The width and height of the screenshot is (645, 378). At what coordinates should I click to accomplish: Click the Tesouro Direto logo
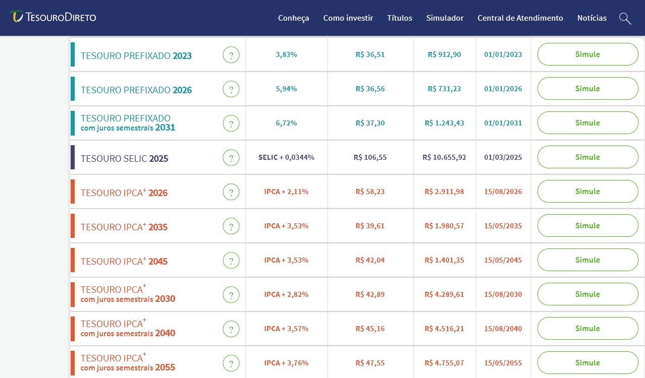point(53,17)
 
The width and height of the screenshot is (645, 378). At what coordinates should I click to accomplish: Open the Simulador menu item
point(445,18)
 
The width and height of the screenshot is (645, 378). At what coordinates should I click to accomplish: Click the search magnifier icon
point(625,19)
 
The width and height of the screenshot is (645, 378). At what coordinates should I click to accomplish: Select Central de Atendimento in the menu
point(520,18)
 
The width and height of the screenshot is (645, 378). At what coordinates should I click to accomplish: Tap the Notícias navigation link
point(592,18)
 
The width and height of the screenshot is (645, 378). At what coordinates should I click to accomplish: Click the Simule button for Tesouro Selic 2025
point(587,157)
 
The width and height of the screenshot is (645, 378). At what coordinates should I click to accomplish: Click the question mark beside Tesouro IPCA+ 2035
point(231,226)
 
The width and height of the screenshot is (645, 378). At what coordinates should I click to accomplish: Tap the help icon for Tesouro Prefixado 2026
point(231,89)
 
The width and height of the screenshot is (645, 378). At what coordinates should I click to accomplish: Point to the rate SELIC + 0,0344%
point(286,157)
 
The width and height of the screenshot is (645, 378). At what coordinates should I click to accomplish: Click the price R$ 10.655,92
point(444,157)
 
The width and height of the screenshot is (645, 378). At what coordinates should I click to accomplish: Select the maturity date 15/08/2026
point(503,192)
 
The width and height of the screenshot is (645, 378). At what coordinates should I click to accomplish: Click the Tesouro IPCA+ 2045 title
point(124,261)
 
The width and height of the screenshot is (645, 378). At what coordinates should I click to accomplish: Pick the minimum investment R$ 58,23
point(370,192)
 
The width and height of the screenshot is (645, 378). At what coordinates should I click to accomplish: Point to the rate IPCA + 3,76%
point(286,363)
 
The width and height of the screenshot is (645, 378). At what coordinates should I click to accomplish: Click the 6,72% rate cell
point(286,123)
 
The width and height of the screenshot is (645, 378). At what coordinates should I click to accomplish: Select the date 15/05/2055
point(503,363)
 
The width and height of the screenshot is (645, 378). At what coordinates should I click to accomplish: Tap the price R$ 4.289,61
point(444,294)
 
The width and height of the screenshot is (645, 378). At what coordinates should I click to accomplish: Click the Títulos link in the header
point(400,18)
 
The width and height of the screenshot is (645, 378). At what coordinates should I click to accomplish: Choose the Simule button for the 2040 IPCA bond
point(587,328)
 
